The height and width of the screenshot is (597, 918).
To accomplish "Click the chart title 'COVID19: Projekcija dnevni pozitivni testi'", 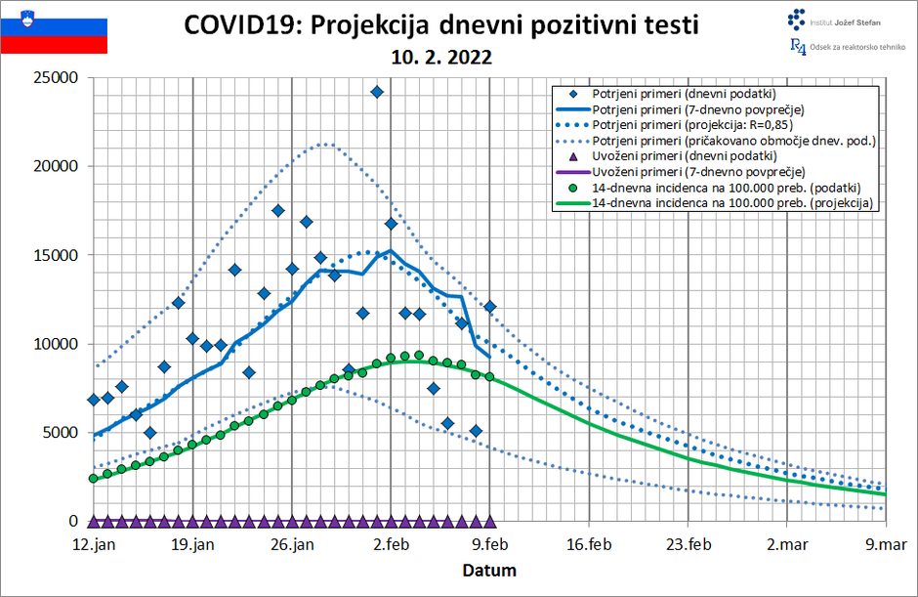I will pos(440,24).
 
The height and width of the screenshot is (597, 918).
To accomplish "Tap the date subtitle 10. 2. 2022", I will pos(441,58).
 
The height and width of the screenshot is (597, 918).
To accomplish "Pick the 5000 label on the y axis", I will pos(62,433).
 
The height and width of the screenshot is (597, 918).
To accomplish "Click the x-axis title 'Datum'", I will pos(489,570).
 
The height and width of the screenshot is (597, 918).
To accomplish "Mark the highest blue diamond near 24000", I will pos(377,92).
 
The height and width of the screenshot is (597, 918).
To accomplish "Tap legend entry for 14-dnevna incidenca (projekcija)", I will pos(732,203).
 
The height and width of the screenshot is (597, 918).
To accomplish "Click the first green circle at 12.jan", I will pos(94,479).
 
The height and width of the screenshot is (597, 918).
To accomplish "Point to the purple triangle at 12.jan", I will pos(94,521).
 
